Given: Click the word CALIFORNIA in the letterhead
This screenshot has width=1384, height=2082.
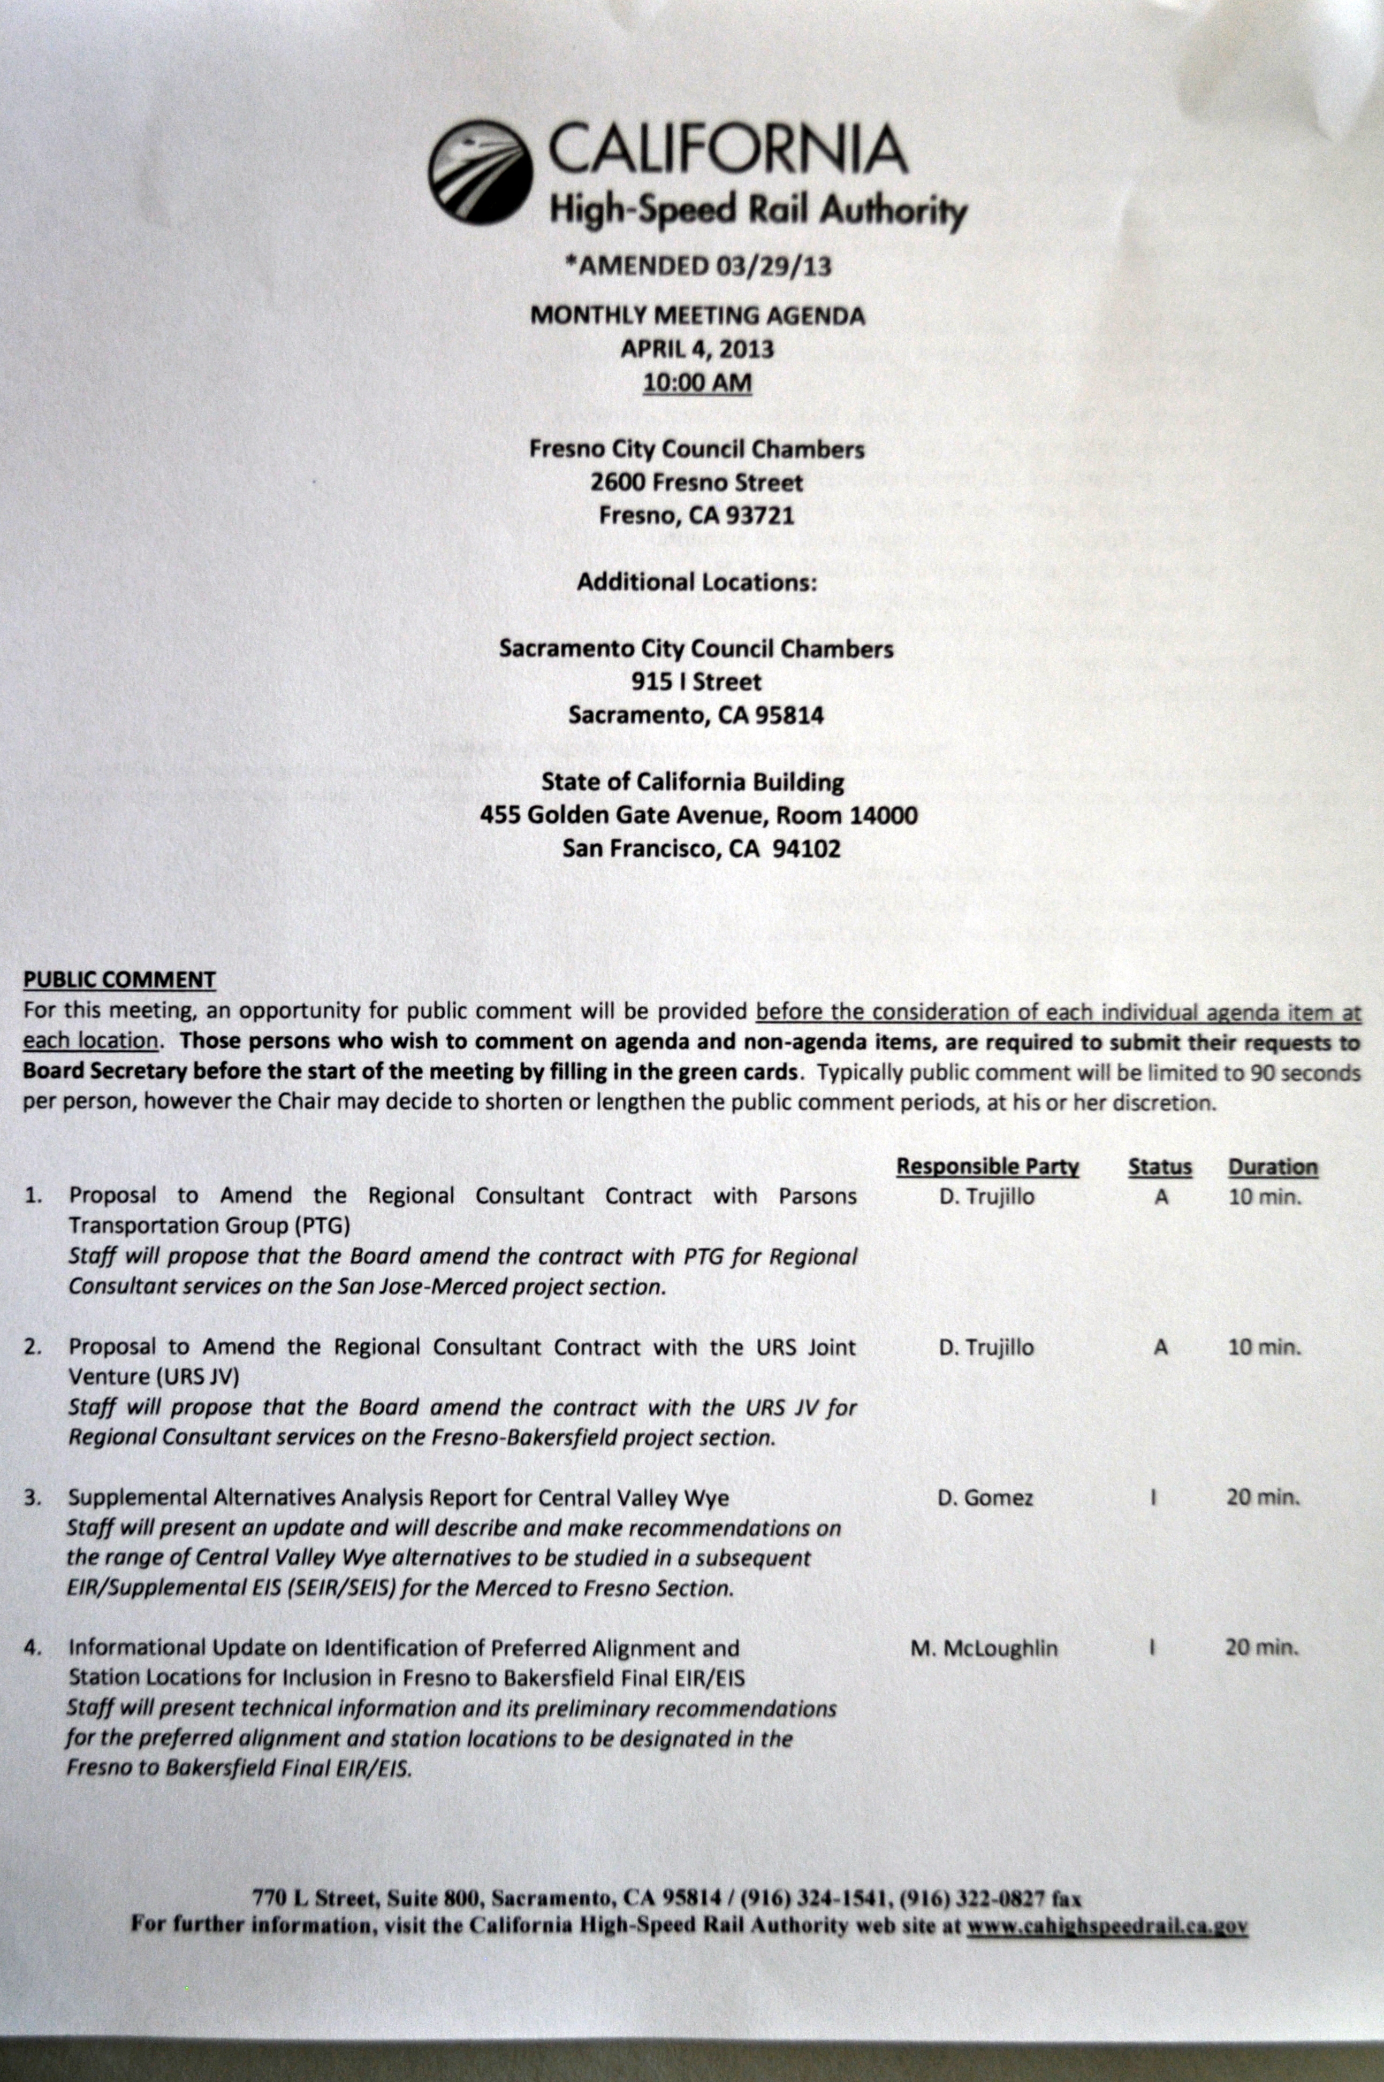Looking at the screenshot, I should click(728, 150).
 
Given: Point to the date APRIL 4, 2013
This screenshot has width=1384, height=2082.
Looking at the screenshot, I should click(697, 349).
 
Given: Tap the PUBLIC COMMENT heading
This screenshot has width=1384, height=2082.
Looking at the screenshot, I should click(119, 979).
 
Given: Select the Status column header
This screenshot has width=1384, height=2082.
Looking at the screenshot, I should click(1160, 1167).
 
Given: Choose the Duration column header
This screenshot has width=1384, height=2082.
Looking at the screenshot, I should click(1272, 1167).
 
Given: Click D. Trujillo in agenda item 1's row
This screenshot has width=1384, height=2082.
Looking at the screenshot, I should click(987, 1197).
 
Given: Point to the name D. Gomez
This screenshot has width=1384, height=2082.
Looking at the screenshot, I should click(986, 1498).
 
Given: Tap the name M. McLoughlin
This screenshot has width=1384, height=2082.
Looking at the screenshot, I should click(984, 1648).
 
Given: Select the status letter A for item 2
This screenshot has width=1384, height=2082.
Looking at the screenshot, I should click(1161, 1348).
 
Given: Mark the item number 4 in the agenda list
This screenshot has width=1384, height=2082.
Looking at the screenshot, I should click(33, 1648).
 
